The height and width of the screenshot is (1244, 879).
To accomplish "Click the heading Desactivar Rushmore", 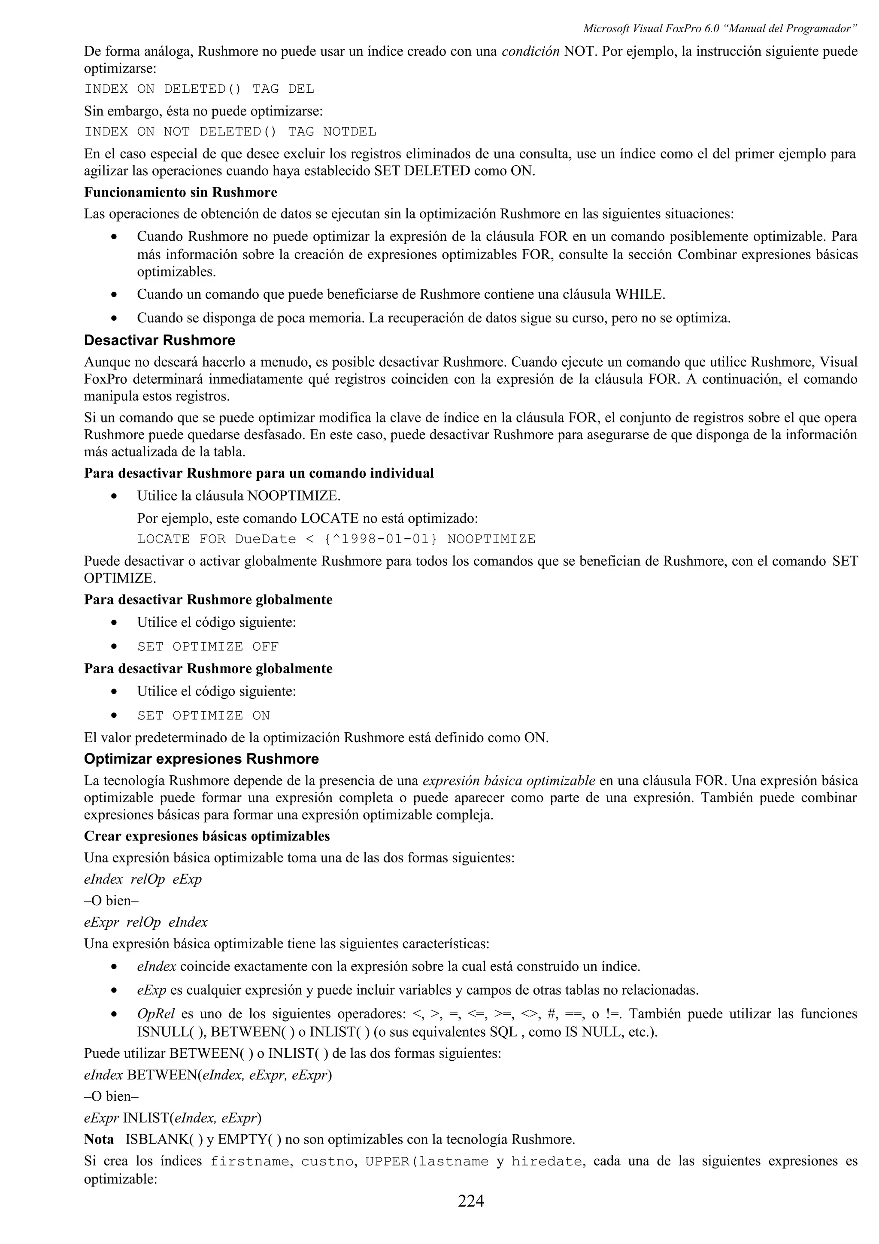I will tap(160, 340).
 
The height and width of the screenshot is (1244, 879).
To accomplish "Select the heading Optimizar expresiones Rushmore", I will tap(201, 759).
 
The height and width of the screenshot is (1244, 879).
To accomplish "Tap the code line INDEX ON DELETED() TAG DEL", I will tap(199, 89).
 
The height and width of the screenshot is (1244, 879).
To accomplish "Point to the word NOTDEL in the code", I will tap(349, 132).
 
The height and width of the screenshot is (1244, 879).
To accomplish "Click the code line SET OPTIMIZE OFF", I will tap(208, 646).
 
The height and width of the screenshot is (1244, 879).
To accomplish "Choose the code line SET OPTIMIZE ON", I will tap(203, 715).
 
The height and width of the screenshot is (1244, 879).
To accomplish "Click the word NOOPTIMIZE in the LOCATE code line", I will tap(491, 539).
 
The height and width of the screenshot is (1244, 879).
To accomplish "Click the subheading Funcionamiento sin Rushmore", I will tap(180, 192).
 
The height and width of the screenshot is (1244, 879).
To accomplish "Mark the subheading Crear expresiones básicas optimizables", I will tap(207, 836).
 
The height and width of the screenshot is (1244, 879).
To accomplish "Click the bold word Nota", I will tap(99, 1139).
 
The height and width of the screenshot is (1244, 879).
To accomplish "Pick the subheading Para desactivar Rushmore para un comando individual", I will tap(259, 473).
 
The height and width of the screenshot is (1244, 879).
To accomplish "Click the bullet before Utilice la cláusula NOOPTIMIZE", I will tap(114, 496).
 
